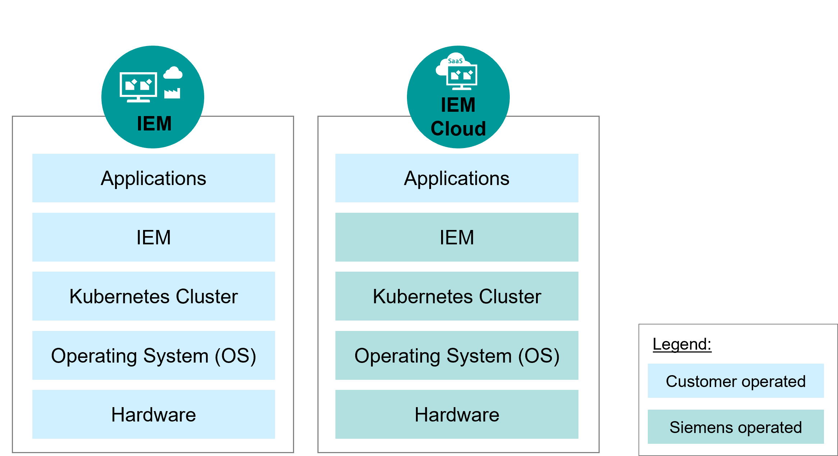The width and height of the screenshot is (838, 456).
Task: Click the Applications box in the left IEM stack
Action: click(x=154, y=178)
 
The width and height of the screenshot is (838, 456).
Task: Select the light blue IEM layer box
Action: click(x=154, y=237)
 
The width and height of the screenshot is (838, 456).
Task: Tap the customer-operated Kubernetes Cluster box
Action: click(x=154, y=296)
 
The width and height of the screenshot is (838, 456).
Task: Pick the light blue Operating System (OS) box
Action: click(x=154, y=355)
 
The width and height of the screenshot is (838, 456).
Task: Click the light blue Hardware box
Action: click(x=154, y=414)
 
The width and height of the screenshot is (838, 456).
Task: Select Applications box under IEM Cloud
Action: click(x=457, y=178)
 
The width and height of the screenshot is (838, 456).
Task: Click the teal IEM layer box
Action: click(x=457, y=237)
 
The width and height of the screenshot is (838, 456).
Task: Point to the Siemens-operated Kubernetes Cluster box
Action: click(x=457, y=296)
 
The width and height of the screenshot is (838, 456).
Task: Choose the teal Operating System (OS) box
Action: click(x=457, y=355)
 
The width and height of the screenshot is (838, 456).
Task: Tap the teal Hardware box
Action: click(x=457, y=414)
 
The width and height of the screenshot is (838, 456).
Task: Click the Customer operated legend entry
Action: click(x=736, y=381)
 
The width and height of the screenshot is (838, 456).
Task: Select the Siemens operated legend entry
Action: click(x=736, y=427)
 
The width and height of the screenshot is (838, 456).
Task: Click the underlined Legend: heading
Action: click(x=682, y=344)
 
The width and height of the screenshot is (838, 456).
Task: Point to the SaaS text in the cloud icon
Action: click(x=455, y=61)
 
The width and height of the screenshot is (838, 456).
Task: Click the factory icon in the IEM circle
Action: click(x=172, y=93)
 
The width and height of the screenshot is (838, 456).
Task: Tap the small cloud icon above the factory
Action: click(x=173, y=73)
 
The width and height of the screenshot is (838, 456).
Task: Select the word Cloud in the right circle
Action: click(x=458, y=129)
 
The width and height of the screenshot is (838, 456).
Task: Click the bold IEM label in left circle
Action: click(x=154, y=124)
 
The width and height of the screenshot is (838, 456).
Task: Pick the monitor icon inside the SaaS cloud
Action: click(x=462, y=77)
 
